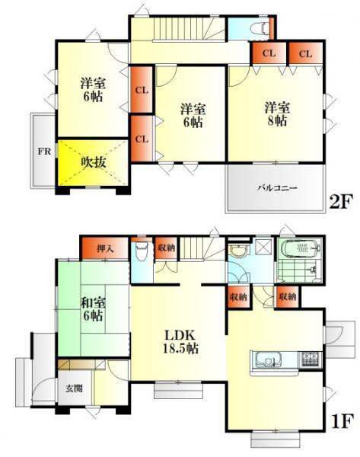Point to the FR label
coord(45,149)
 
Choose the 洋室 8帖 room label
coord(276,113)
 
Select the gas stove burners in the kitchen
coord(310,358)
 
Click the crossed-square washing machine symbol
coord(263,247)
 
